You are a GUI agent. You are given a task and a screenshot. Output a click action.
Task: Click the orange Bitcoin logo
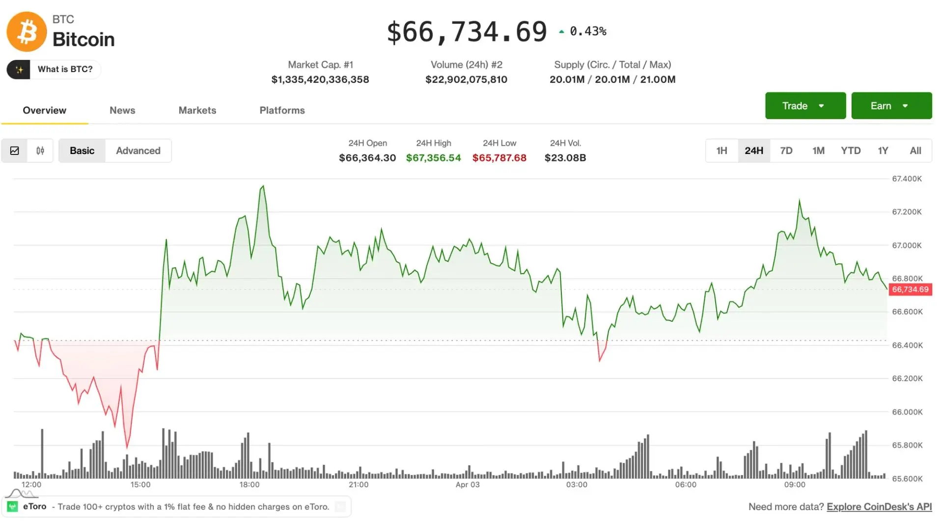click(x=27, y=32)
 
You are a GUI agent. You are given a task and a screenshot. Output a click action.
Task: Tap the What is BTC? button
click(x=54, y=69)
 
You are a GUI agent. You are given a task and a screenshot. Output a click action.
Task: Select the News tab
click(x=122, y=110)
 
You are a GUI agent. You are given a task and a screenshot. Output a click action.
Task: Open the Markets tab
click(x=197, y=110)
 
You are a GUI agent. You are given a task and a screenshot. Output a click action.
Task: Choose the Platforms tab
click(x=282, y=110)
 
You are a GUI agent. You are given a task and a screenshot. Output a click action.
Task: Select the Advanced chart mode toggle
click(x=138, y=151)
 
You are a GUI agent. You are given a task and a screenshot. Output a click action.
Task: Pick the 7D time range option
click(x=786, y=151)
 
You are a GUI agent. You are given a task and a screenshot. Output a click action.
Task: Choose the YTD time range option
click(x=850, y=151)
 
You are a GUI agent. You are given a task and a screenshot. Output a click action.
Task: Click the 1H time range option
click(x=721, y=151)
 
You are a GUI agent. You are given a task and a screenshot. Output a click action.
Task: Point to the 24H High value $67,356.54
click(x=433, y=158)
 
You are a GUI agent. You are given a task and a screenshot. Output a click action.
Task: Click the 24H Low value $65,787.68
click(x=499, y=158)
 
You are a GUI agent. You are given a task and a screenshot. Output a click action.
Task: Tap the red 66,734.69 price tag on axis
click(x=910, y=289)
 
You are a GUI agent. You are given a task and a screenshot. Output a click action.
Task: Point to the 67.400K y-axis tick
click(x=907, y=179)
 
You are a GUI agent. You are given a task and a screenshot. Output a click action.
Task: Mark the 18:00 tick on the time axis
click(x=250, y=485)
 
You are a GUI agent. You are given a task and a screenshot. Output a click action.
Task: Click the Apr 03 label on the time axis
click(x=467, y=485)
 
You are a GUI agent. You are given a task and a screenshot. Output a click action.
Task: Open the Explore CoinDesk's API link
click(x=879, y=507)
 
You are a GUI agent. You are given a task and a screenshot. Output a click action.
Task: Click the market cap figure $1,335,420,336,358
click(x=320, y=79)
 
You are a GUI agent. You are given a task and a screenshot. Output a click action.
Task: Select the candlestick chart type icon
click(x=40, y=151)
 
